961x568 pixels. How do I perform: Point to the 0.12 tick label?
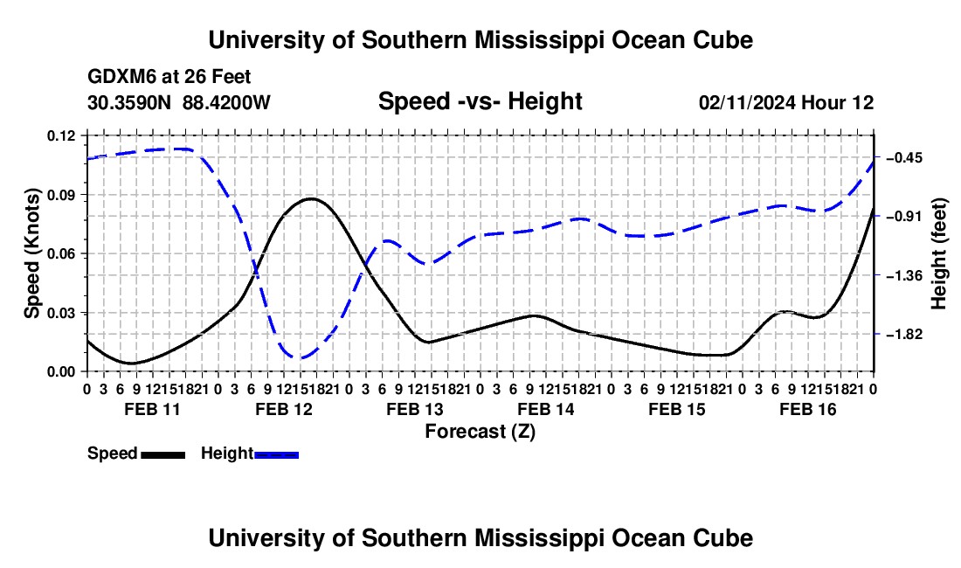coord(61,135)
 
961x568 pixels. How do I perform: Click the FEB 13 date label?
coord(415,409)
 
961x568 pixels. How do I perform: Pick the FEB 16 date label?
coord(808,409)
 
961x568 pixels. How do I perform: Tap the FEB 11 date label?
coord(153,409)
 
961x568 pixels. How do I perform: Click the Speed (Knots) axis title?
coord(31,253)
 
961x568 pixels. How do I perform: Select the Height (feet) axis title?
coord(939,253)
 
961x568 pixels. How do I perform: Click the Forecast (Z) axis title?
coord(480,432)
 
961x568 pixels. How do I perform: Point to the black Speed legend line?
coord(163,454)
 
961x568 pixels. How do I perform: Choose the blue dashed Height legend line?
coord(276,454)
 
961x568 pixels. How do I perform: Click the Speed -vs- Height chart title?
coord(480,101)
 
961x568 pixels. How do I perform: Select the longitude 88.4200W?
coord(226,102)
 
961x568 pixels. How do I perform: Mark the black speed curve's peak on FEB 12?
coord(311,198)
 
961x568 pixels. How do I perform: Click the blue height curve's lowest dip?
coord(299,357)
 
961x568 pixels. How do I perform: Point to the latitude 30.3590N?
coord(129,102)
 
